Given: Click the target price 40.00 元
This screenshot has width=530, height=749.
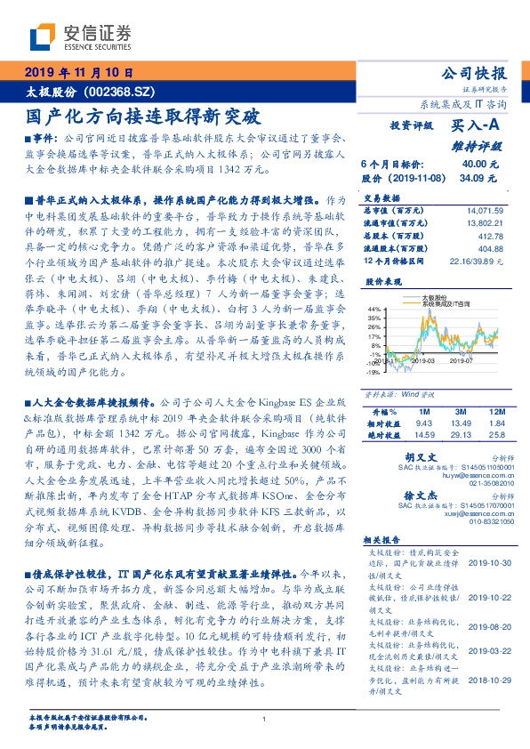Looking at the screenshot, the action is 475,165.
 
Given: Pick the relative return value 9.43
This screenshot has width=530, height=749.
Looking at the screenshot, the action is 422,424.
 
